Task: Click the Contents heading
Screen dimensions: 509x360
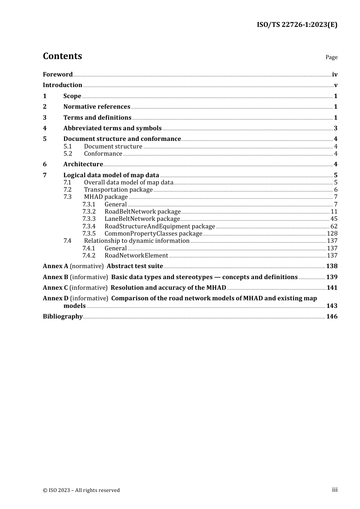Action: pyautogui.click(x=62, y=56)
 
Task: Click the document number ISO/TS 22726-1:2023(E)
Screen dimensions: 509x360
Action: pyautogui.click(x=297, y=25)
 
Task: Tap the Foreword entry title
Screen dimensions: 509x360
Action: pyautogui.click(x=58, y=75)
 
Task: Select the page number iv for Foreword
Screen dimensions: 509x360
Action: pyautogui.click(x=335, y=75)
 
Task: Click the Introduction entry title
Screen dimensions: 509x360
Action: pyautogui.click(x=63, y=85)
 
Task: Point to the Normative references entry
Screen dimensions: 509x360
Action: pyautogui.click(x=97, y=107)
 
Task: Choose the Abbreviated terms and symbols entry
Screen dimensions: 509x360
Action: pyautogui.click(x=112, y=128)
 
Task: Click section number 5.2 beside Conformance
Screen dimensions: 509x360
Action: pyautogui.click(x=68, y=154)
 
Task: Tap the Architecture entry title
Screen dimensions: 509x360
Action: pyautogui.click(x=83, y=164)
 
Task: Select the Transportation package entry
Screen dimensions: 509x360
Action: pyautogui.click(x=118, y=190)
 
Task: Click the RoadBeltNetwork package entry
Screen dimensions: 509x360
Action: pyautogui.click(x=142, y=212)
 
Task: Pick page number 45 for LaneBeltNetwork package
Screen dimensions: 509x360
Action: pyautogui.click(x=334, y=219)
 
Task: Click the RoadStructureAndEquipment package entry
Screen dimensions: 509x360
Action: pyautogui.click(x=160, y=226)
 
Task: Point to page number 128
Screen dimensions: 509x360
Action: pyautogui.click(x=332, y=234)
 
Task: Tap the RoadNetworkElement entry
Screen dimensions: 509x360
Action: pyautogui.click(x=136, y=256)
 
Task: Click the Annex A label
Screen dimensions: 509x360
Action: pyautogui.click(x=55, y=266)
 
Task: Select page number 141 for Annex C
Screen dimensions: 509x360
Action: pyautogui.click(x=332, y=288)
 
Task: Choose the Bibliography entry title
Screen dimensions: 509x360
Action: pyautogui.click(x=63, y=317)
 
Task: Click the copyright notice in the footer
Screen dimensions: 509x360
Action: pyautogui.click(x=81, y=490)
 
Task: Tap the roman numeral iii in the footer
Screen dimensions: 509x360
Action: pyautogui.click(x=335, y=490)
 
